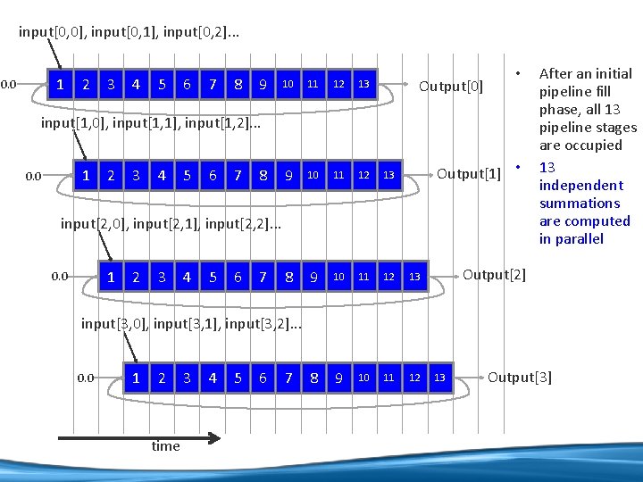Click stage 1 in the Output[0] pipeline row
tap(60, 85)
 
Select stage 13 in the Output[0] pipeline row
tap(363, 85)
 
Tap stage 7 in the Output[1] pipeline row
tap(238, 176)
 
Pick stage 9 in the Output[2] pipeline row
tap(313, 277)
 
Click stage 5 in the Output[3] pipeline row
tap(238, 378)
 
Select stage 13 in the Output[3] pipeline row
tap(439, 378)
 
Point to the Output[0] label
tap(451, 87)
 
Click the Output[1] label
tap(468, 173)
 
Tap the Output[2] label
tap(494, 274)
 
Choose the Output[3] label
tap(520, 378)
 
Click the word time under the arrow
tap(165, 446)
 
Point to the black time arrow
tap(138, 437)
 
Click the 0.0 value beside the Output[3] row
tap(85, 378)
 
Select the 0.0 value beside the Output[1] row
tap(33, 176)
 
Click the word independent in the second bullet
tap(580, 186)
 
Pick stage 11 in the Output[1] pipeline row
tap(338, 176)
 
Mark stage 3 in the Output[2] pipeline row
tap(162, 277)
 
